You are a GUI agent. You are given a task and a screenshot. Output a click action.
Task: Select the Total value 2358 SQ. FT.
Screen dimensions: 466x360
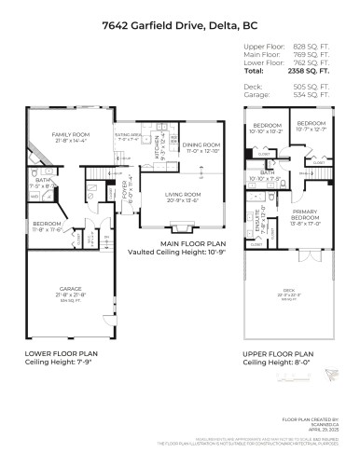pyautogui.click(x=313, y=71)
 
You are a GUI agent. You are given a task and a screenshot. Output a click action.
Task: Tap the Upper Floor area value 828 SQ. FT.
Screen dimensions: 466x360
pyautogui.click(x=313, y=46)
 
